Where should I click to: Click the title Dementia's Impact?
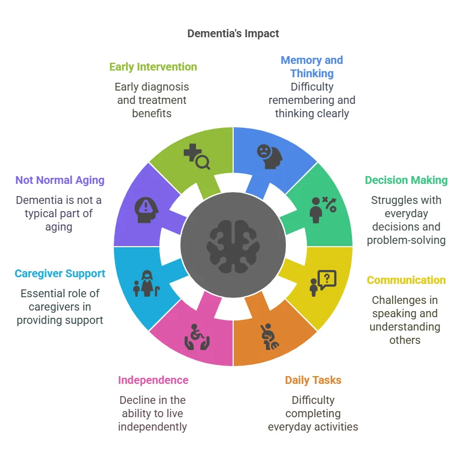[x=233, y=33]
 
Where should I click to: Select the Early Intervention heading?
[x=153, y=67]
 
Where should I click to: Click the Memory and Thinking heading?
[x=311, y=67]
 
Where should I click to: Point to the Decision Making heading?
[x=406, y=180]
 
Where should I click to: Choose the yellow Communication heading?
[x=406, y=280]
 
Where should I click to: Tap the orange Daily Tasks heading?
[x=313, y=380]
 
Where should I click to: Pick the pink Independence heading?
[x=153, y=380]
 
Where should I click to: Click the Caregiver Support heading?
[x=60, y=273]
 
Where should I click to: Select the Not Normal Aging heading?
[x=60, y=180]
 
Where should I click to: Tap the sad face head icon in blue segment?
[x=269, y=156]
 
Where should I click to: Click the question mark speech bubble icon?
[x=323, y=282]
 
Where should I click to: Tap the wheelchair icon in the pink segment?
[x=196, y=336]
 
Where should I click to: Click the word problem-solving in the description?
[x=406, y=240]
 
